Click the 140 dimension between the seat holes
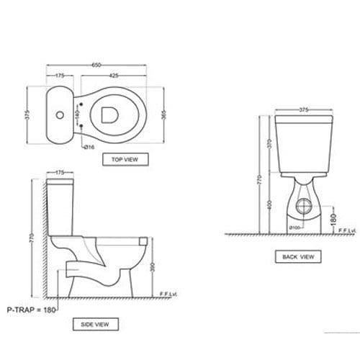click(x=76, y=115)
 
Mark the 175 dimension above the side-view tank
click(x=60, y=174)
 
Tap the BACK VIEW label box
click(x=298, y=256)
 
